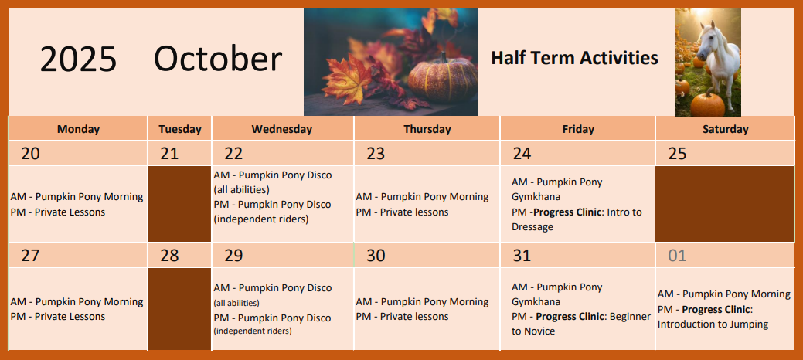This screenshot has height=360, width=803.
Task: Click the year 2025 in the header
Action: click(78, 59)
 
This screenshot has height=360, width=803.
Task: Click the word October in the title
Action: click(218, 59)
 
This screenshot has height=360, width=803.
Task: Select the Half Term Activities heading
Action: click(574, 58)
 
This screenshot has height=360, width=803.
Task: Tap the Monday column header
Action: click(78, 129)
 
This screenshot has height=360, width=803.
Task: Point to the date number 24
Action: click(522, 154)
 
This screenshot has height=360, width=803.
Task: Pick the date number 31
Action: click(522, 256)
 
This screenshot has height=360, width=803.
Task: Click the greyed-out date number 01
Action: click(677, 256)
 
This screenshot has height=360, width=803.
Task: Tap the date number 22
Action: click(233, 154)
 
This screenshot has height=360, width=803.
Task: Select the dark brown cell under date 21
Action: click(180, 204)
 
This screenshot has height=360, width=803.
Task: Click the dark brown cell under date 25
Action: click(725, 204)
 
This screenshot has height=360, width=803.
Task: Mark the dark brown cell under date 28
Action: click(180, 309)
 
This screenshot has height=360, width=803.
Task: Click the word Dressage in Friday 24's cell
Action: click(532, 227)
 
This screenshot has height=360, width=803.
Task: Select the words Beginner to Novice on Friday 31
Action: click(580, 324)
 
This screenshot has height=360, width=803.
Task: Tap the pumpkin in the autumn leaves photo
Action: click(442, 80)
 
